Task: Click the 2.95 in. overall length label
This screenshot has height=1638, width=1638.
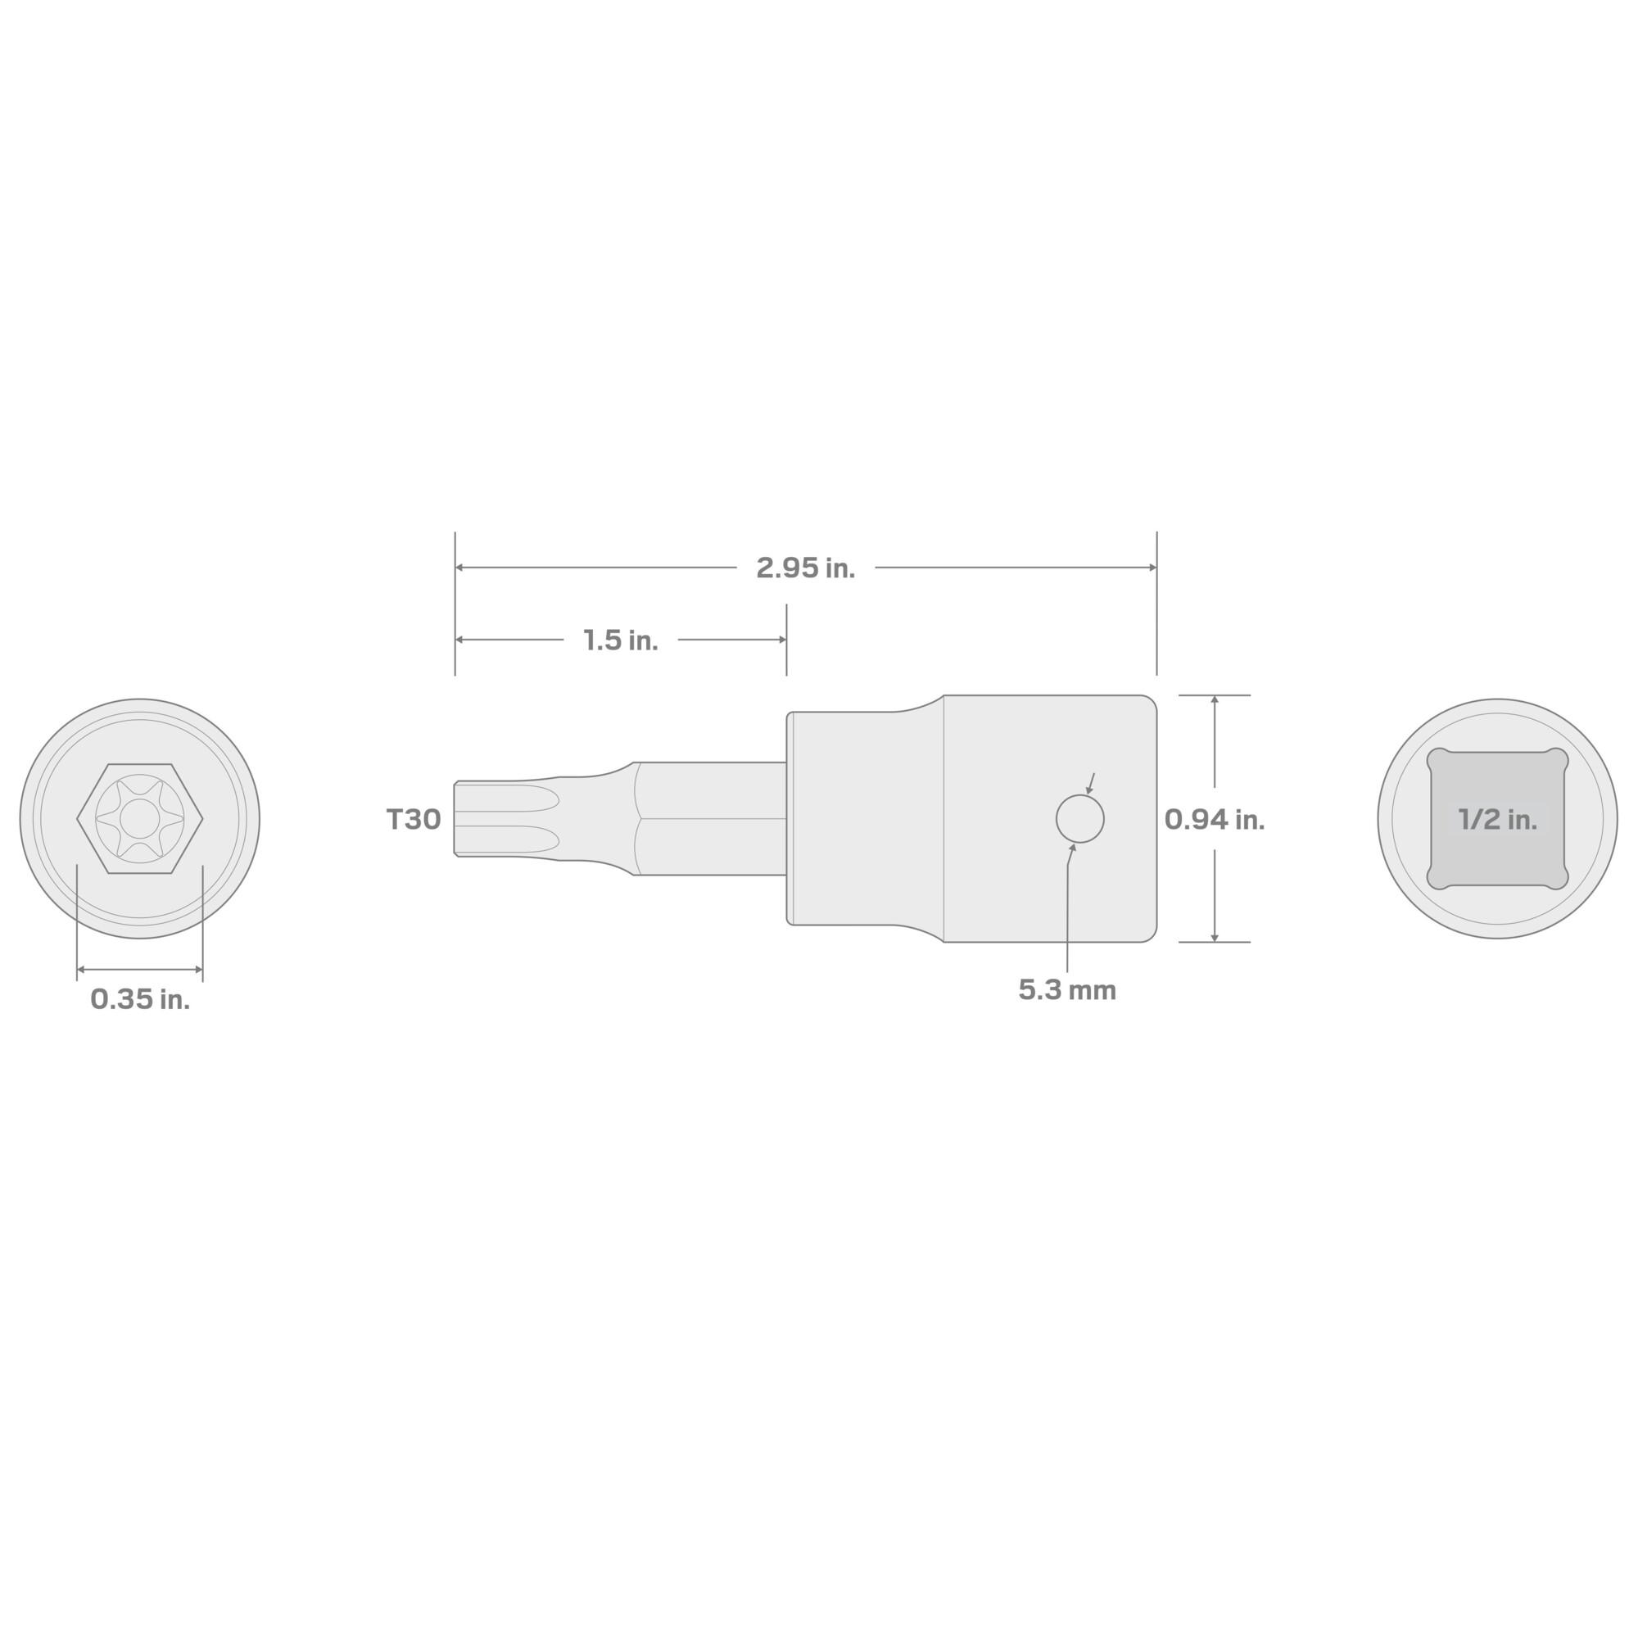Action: click(x=805, y=568)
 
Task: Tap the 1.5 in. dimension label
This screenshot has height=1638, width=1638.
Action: click(x=621, y=640)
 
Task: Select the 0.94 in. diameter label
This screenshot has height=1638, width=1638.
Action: click(x=1214, y=819)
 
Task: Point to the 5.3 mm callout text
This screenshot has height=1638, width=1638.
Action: click(x=1066, y=990)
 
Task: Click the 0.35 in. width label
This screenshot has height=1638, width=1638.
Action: click(x=140, y=999)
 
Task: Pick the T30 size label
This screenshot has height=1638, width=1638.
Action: click(x=414, y=819)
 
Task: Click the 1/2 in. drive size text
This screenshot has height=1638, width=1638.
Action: click(x=1497, y=819)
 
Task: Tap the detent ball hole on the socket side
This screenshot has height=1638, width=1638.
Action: click(x=1079, y=819)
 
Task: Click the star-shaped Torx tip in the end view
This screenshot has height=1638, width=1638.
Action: click(x=140, y=819)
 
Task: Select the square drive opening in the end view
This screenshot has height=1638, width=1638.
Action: click(x=1497, y=819)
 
